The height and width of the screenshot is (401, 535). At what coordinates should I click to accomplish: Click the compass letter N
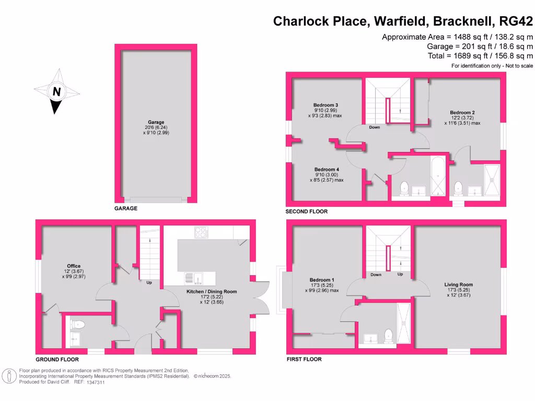click(x=57, y=92)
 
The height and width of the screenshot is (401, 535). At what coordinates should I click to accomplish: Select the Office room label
click(x=74, y=265)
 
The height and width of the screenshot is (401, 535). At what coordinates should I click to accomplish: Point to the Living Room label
click(x=458, y=285)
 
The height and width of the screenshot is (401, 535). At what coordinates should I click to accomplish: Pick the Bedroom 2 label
click(x=462, y=112)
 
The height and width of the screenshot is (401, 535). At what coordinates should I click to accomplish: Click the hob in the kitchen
click(x=201, y=232)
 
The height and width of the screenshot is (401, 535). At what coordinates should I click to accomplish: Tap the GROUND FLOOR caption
click(x=57, y=360)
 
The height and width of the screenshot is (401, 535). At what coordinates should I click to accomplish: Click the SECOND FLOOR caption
click(x=306, y=211)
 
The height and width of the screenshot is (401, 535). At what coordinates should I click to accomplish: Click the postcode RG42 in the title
click(x=516, y=21)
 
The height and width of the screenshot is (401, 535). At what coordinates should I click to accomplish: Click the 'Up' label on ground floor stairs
click(x=149, y=283)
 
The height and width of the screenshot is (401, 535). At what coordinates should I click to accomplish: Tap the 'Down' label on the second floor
click(x=375, y=127)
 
